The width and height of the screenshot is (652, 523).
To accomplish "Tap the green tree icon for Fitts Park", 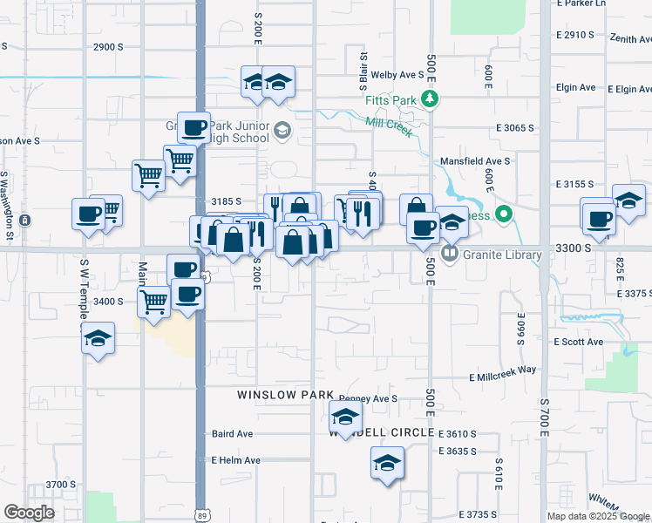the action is tap(429, 100).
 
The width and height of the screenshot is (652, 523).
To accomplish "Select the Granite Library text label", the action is tap(502, 255).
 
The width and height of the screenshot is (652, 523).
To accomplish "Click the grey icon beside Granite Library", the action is tap(450, 255).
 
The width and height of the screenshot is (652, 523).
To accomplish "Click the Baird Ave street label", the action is tap(232, 434).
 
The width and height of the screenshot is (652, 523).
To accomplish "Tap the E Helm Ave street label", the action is tap(235, 460).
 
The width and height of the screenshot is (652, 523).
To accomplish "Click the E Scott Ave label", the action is tap(579, 342).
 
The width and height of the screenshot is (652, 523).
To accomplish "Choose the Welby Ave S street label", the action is tap(397, 75).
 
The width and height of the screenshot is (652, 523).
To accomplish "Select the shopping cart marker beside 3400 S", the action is tap(154, 302).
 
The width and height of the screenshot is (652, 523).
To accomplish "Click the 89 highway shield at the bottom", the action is tap(201, 515).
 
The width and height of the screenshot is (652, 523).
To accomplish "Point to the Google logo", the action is tap(29, 513).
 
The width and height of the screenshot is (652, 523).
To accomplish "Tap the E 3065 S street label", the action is tap(514, 128).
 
